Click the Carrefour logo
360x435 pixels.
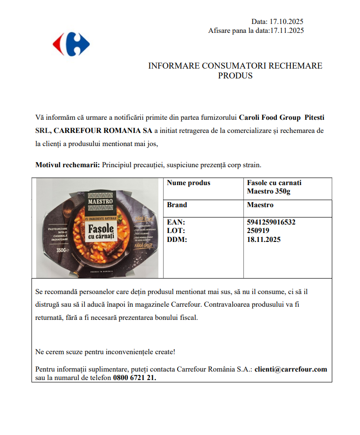coord(71,45)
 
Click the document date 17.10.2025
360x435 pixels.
coord(286,22)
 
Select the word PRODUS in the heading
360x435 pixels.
coord(235,76)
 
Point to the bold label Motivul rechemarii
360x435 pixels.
coord(68,165)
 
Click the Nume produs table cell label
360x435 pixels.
coord(188,183)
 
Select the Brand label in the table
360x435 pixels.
coord(177,205)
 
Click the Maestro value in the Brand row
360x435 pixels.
coord(260,205)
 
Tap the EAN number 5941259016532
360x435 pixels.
coord(271,222)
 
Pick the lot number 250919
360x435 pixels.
coord(258,231)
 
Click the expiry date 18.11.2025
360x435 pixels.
coord(264,240)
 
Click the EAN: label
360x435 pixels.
coord(176,222)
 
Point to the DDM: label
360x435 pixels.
coord(177,240)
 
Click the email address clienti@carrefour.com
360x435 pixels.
coord(291,369)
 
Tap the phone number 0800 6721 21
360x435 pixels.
coord(134,378)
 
